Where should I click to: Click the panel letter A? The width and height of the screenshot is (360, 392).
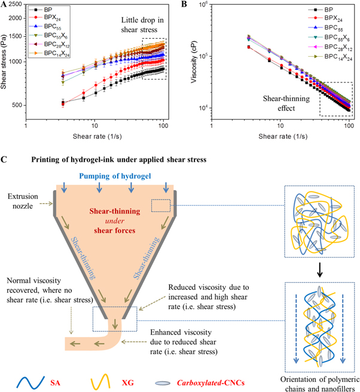5,5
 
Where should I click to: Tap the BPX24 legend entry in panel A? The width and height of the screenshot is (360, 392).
44,19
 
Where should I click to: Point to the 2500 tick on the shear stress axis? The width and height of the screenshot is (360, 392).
16,5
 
